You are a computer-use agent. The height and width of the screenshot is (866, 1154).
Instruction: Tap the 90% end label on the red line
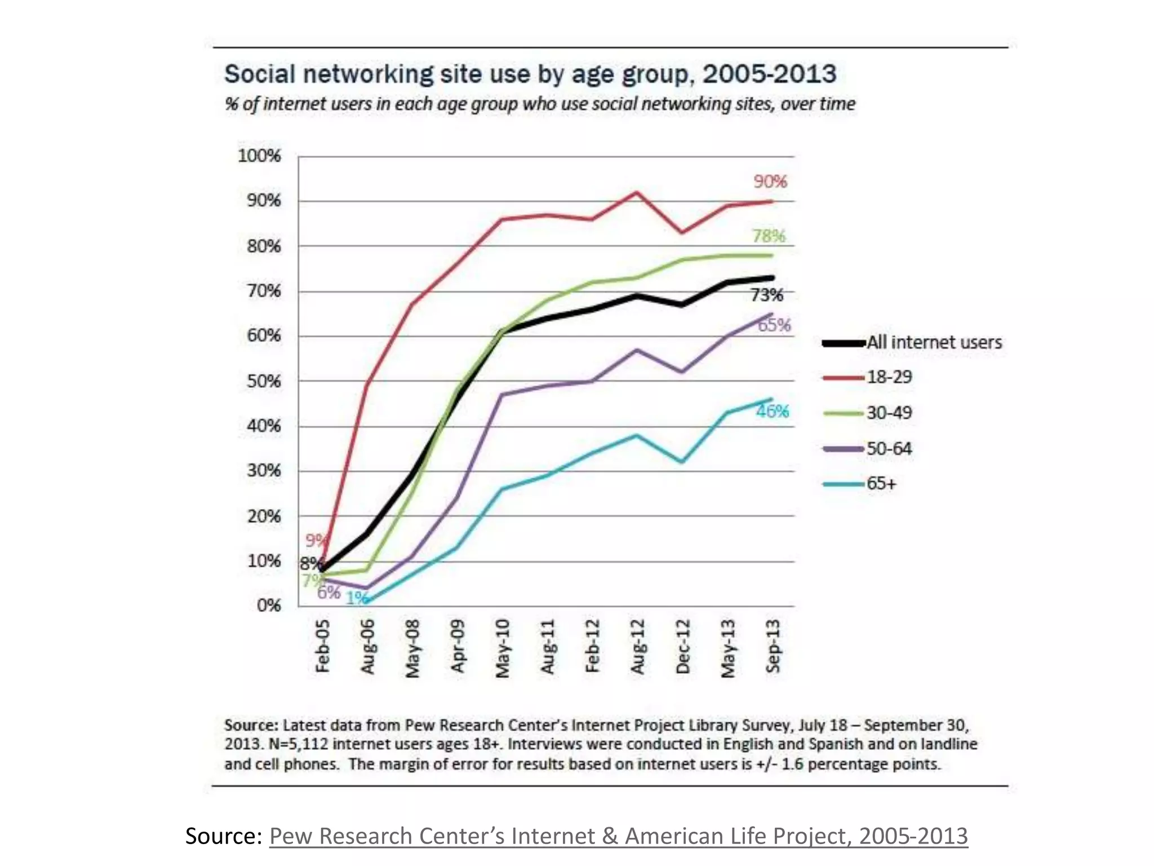point(770,182)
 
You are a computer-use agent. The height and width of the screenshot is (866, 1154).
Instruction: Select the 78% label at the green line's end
point(769,236)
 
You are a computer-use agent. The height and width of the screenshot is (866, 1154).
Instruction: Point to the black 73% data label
point(766,295)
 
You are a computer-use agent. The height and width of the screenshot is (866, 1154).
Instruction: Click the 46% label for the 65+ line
point(772,412)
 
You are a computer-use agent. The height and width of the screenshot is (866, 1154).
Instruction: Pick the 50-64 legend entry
point(889,449)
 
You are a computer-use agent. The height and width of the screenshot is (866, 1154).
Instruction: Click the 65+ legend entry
point(881,484)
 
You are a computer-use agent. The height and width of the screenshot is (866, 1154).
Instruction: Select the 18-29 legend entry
point(889,377)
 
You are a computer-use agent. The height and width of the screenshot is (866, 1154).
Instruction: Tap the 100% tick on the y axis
point(259,156)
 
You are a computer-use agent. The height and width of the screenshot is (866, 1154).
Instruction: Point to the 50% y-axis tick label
point(263,381)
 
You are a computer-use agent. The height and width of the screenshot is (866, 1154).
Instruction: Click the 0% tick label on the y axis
point(268,606)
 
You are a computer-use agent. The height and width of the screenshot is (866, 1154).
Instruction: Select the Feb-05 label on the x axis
point(322,646)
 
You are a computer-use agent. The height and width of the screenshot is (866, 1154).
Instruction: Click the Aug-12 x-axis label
point(637,646)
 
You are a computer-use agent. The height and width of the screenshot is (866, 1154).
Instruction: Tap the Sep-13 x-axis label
point(773,646)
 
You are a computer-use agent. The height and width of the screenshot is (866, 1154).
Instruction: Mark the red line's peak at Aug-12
point(637,192)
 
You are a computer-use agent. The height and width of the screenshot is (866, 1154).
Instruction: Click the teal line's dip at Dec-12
point(682,462)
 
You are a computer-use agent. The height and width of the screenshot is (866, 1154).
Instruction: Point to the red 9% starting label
point(315,541)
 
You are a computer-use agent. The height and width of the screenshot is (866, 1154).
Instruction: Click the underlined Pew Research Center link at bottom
point(618,836)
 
